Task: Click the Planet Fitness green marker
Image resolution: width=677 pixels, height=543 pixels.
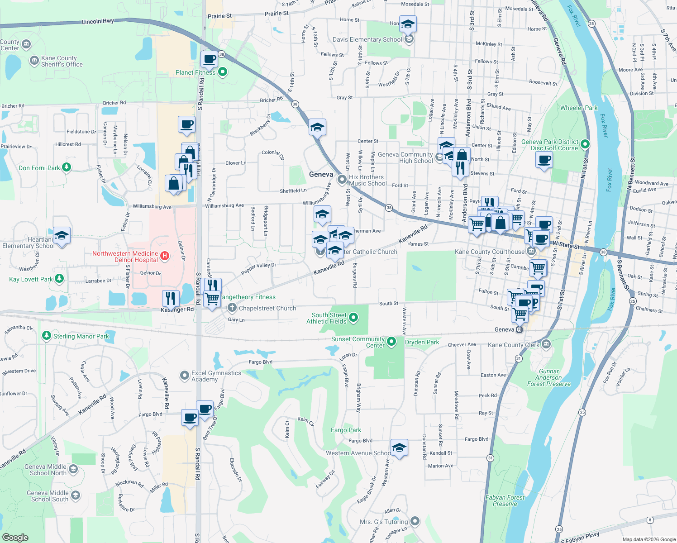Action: click(222, 72)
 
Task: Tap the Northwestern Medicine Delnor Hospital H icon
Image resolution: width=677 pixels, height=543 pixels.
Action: click(165, 256)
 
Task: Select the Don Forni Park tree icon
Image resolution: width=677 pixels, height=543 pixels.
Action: click(67, 167)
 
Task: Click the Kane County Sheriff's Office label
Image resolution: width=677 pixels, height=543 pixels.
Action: click(62, 62)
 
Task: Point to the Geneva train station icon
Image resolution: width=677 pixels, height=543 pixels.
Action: click(520, 329)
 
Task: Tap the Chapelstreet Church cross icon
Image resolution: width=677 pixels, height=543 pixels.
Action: click(232, 308)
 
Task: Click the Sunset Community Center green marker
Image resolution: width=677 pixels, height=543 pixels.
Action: click(391, 342)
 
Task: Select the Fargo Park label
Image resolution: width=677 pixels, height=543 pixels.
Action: click(346, 430)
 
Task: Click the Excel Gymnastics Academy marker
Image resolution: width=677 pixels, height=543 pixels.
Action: click(185, 376)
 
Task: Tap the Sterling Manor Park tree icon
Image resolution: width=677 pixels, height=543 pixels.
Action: click(46, 336)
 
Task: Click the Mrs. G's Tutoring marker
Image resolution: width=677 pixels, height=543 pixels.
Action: click(415, 521)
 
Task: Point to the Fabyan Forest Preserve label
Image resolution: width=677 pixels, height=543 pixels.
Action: click(505, 500)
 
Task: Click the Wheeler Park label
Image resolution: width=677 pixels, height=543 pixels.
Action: click(579, 108)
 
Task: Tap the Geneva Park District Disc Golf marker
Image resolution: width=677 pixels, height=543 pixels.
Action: click(585, 144)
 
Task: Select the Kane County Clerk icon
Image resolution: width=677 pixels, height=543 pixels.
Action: click(546, 344)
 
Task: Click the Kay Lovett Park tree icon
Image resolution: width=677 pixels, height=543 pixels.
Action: click(59, 279)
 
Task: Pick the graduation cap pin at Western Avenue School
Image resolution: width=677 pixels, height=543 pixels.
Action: click(399, 448)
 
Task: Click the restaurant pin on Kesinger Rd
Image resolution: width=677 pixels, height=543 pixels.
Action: click(171, 298)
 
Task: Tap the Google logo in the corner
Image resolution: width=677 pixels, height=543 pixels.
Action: click(15, 537)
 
